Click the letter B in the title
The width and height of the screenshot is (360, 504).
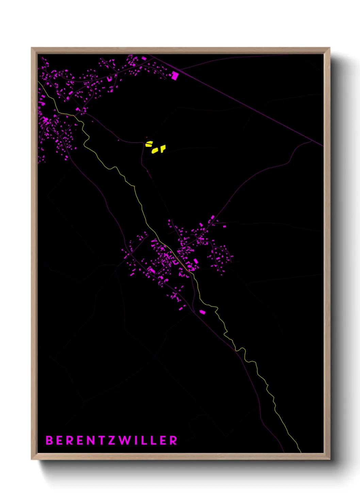[49, 440]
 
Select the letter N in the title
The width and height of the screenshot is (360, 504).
[90, 440]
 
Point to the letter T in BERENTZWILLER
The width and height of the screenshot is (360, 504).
[101, 440]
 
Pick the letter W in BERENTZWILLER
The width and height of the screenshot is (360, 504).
[124, 440]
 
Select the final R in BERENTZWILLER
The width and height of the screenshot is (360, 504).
[174, 440]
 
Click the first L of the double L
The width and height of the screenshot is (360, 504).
[144, 440]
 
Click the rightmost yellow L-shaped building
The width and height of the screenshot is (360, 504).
[163, 148]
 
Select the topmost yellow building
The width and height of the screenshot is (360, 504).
[149, 144]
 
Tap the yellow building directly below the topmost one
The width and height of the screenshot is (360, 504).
[155, 150]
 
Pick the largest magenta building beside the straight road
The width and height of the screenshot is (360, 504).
[175, 76]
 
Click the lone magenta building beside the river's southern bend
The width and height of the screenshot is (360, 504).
[202, 312]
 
